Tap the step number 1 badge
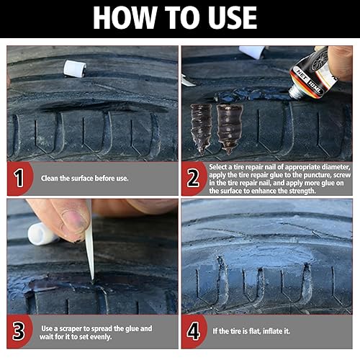point(19,178)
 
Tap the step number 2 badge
point(193,178)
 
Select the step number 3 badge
point(19,331)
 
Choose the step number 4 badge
point(194,331)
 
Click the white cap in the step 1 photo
point(75,68)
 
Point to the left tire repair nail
point(201,129)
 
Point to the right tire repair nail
point(229,129)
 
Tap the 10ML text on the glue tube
point(315,87)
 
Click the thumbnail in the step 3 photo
point(73,222)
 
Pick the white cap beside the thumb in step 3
point(42,234)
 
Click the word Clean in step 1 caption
point(50,178)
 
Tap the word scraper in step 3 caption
point(71,328)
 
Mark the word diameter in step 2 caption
point(336,167)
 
